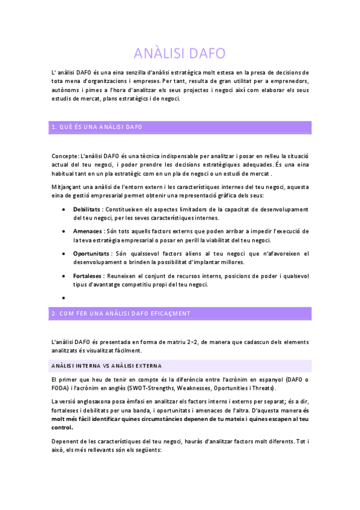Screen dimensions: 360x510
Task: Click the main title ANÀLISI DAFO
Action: click(180, 53)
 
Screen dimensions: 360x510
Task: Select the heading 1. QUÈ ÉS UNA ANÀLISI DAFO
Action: click(97, 127)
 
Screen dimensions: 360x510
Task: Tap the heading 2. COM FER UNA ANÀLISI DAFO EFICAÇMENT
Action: click(121, 313)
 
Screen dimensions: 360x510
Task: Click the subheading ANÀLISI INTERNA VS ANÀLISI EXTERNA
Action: click(106, 366)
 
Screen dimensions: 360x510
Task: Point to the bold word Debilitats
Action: click(87, 209)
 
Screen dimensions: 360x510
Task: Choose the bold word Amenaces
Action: click(87, 231)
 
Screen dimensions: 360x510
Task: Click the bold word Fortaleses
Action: click(87, 275)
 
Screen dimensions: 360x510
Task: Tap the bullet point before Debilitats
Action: click(64, 209)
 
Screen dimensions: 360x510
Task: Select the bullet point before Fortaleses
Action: click(64, 275)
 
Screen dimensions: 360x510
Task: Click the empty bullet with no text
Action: click(64, 297)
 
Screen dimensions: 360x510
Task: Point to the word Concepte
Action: click(64, 156)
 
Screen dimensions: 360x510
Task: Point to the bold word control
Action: click(63, 428)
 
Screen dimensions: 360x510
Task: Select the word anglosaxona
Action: click(97, 401)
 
